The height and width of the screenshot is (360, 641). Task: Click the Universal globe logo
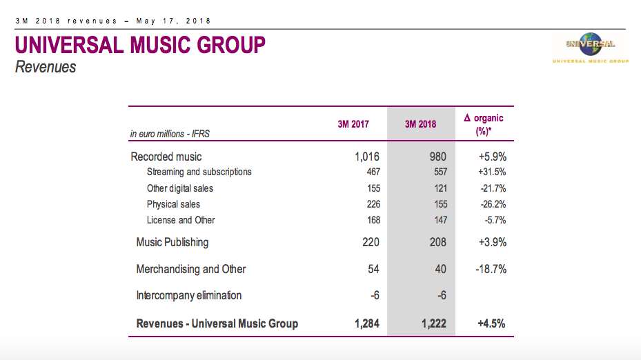(590, 45)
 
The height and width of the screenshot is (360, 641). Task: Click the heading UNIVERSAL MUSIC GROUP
(140, 46)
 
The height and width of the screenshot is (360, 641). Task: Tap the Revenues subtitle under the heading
(46, 68)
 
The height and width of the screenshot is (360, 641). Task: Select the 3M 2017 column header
(353, 124)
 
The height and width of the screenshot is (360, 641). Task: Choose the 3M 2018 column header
(421, 124)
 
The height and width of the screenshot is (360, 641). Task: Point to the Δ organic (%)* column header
(483, 124)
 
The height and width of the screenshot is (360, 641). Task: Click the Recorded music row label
(166, 157)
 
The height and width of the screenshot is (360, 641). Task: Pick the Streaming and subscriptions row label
(199, 172)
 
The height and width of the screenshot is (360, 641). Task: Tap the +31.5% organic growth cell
(492, 172)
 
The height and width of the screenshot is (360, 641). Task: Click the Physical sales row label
(173, 204)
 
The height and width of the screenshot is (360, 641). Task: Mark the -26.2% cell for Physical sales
(493, 204)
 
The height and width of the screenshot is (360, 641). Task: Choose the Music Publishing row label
(172, 242)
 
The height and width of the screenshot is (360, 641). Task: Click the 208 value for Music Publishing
(437, 242)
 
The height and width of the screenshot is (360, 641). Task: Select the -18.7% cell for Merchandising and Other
(491, 269)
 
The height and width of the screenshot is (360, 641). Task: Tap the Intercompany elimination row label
(189, 295)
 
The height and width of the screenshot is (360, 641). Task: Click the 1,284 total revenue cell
(367, 323)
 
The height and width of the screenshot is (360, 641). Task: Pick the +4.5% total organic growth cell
(492, 323)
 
